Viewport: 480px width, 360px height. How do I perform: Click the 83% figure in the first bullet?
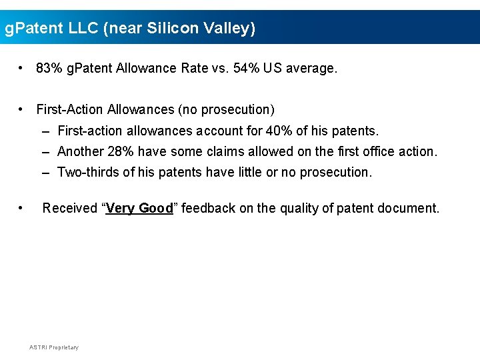click(49, 68)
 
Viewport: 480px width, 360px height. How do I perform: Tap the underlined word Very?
click(120, 208)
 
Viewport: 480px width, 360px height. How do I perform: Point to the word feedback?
click(208, 208)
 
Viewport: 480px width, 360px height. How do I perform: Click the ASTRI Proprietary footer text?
click(54, 347)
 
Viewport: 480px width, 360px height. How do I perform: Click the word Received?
click(70, 208)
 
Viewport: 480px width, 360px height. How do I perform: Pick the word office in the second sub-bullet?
click(380, 151)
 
